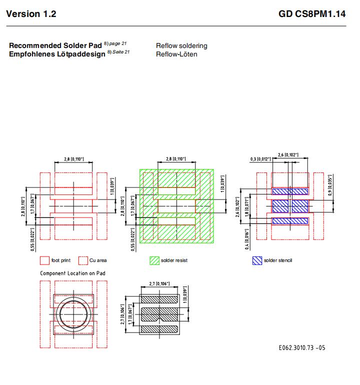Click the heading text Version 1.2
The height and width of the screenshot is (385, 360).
(31, 14)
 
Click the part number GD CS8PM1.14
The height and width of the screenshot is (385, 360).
(312, 14)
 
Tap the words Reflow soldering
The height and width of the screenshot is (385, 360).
(181, 46)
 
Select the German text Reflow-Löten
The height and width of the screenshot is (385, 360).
(176, 54)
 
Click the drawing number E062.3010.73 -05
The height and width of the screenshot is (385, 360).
(302, 347)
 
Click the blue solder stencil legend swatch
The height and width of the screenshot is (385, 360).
(257, 260)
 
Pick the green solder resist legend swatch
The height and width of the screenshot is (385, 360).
(154, 260)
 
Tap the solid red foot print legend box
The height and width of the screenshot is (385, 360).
(44, 260)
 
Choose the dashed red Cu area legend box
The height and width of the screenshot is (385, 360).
(83, 260)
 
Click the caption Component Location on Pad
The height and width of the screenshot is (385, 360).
(72, 273)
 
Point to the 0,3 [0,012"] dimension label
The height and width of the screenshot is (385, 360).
(260, 159)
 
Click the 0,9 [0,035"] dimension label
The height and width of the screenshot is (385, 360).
(330, 185)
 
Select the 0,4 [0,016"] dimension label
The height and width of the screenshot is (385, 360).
(247, 239)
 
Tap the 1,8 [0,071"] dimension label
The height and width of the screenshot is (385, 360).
(247, 207)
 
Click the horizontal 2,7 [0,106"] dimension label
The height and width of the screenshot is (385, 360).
(159, 284)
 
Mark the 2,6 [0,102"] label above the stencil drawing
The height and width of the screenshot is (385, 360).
(288, 154)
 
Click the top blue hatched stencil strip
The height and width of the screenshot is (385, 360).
(290, 191)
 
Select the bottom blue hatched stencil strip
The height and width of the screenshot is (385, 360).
(290, 220)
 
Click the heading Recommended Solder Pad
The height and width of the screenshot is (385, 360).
(55, 45)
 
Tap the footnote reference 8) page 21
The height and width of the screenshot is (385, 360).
(115, 43)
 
